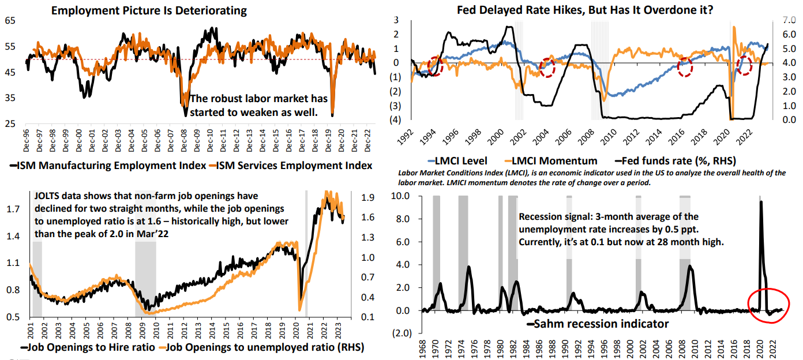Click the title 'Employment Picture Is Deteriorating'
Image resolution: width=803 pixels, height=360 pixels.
tap(149, 10)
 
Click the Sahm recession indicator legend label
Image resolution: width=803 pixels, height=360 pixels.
tap(601, 324)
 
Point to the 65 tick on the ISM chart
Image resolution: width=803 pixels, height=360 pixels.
tap(10, 20)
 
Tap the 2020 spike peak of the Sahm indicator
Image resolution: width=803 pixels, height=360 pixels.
tap(761, 202)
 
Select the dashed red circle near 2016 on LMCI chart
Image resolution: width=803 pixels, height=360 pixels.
tap(685, 67)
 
